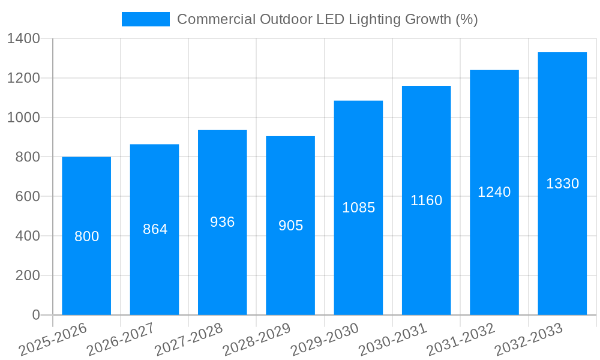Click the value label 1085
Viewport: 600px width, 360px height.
click(x=358, y=208)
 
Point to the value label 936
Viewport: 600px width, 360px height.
click(x=223, y=222)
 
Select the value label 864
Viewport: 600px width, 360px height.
click(x=155, y=229)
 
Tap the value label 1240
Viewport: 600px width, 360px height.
click(x=494, y=192)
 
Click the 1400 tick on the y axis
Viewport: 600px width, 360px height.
click(x=23, y=39)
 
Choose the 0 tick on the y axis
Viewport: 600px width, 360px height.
click(x=35, y=315)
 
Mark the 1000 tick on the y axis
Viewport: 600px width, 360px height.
click(x=23, y=118)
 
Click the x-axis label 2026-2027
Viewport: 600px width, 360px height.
click(x=121, y=340)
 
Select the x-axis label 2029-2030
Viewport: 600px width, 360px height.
click(x=325, y=340)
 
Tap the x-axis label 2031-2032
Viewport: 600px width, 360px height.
click(x=461, y=340)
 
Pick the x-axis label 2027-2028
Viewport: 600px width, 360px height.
click(x=188, y=340)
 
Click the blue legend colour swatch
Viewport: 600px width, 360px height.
click(x=146, y=19)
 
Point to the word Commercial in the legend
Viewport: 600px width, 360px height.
click(x=216, y=19)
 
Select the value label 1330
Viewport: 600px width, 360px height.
click(x=562, y=184)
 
